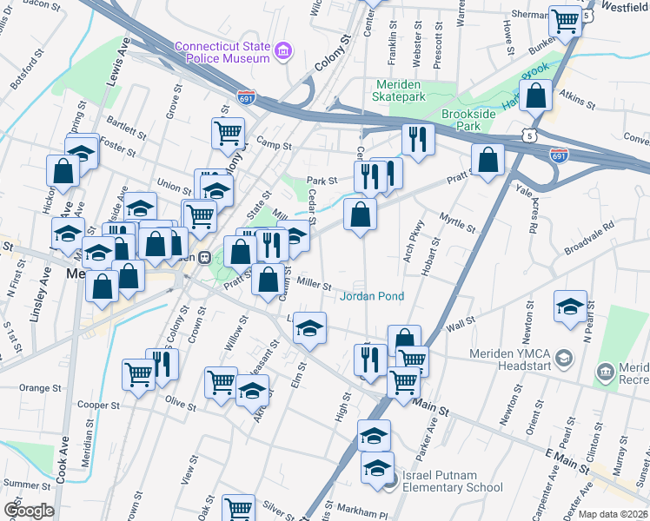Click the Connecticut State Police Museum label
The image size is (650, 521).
[222, 52]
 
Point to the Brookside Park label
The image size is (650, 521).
[474, 120]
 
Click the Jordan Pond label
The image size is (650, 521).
[372, 296]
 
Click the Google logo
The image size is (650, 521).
[29, 510]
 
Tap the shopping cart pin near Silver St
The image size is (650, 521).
[238, 509]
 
